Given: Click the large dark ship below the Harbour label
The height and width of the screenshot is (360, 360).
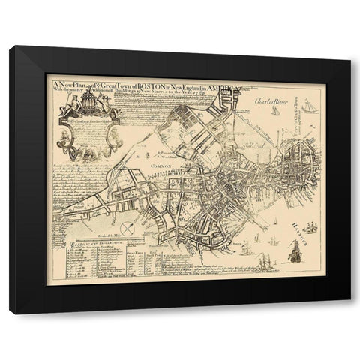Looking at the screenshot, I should pos(295,253).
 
